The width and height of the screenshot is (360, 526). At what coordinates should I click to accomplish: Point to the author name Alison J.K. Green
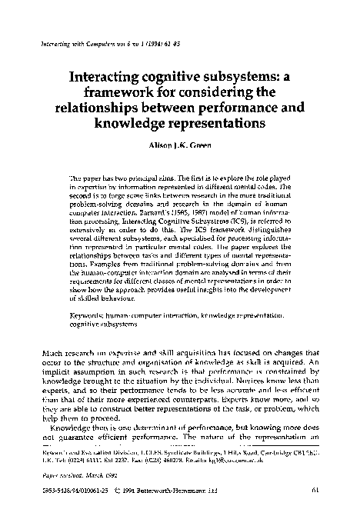(181, 146)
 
